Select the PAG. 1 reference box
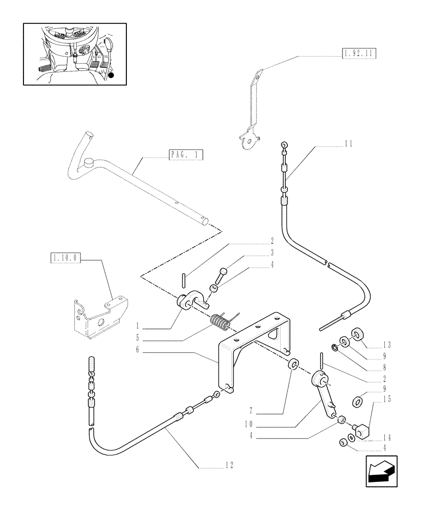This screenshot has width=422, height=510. [186, 155]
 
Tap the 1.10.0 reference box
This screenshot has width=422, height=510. [66, 259]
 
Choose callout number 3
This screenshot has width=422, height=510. [272, 252]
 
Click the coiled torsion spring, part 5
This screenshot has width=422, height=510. [220, 323]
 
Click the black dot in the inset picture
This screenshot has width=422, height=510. [111, 75]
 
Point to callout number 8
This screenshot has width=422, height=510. [384, 367]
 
